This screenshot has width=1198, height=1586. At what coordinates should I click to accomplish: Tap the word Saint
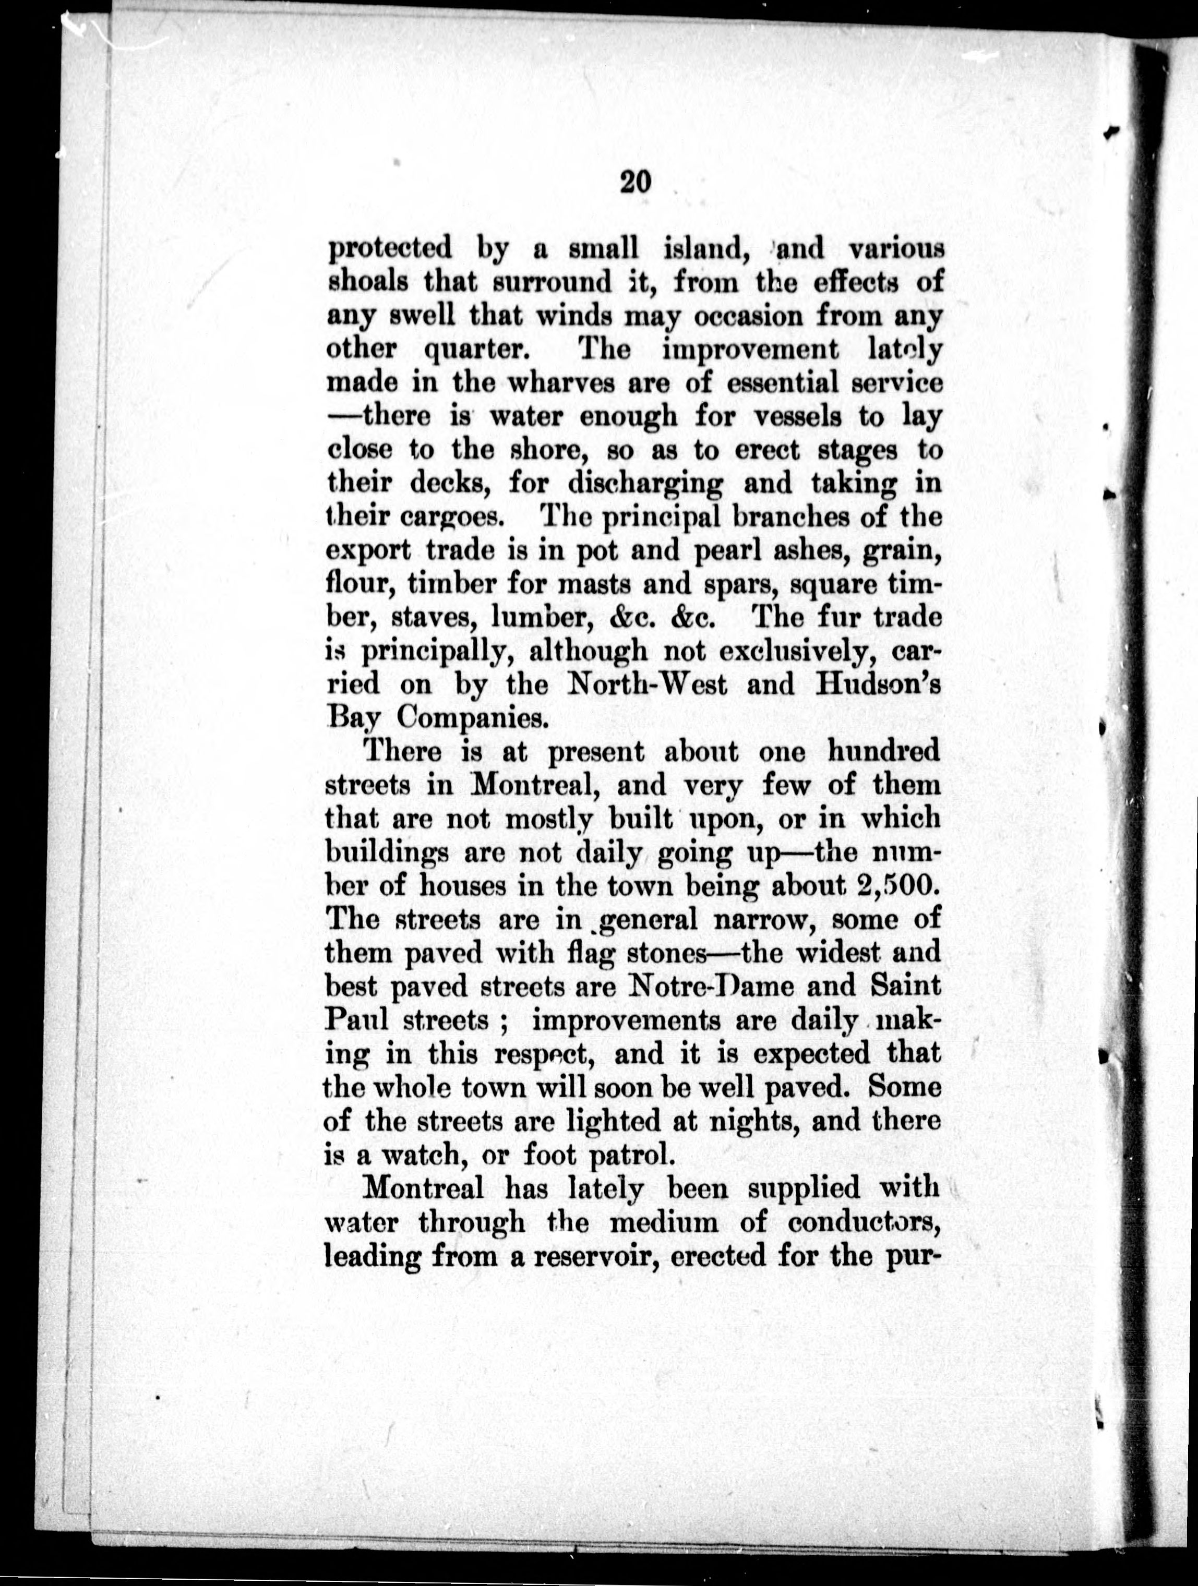[905, 987]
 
